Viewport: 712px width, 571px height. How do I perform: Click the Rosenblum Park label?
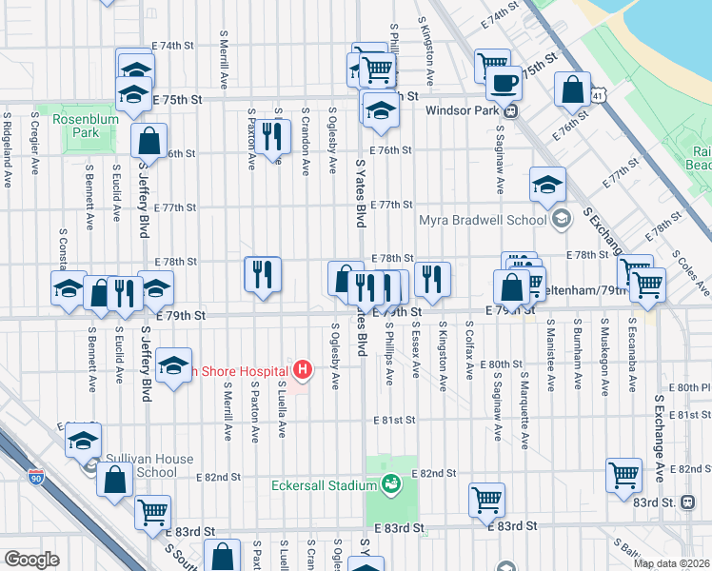click(76, 126)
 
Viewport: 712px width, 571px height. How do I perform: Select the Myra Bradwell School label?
click(483, 221)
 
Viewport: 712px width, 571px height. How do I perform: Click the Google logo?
click(31, 560)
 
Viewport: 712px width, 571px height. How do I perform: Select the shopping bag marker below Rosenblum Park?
click(149, 142)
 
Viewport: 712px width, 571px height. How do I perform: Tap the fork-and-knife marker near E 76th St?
click(273, 136)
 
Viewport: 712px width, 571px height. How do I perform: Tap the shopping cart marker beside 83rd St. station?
click(623, 476)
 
